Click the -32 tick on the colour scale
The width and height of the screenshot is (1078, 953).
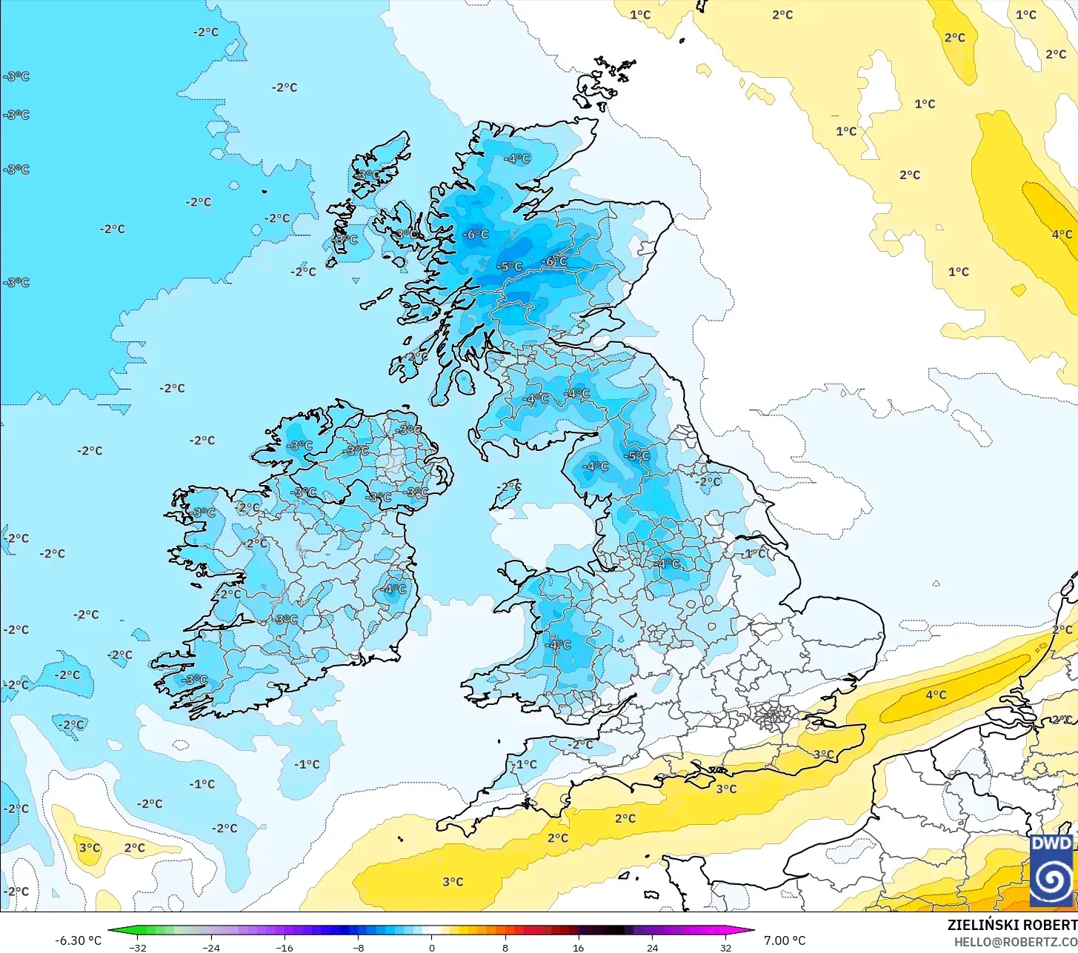[138, 947]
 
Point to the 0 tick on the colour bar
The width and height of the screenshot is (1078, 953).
[432, 947]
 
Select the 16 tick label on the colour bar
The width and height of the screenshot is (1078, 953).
[579, 947]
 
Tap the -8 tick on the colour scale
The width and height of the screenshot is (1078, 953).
[359, 947]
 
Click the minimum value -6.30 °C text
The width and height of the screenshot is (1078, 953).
[78, 940]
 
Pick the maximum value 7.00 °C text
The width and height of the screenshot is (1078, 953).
[785, 940]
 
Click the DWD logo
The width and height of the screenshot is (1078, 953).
[1051, 871]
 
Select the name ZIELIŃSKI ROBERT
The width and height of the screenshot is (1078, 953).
[1012, 925]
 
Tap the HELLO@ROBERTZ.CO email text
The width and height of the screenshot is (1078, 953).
[1015, 941]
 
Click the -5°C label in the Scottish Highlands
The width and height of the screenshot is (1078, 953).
[510, 267]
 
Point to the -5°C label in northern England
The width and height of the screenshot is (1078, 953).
[638, 455]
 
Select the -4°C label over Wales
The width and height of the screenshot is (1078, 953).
[559, 645]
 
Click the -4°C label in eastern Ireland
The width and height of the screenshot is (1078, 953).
[394, 589]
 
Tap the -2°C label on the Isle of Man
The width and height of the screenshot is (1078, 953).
[509, 487]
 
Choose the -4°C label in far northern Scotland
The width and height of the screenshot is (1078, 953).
[517, 158]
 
